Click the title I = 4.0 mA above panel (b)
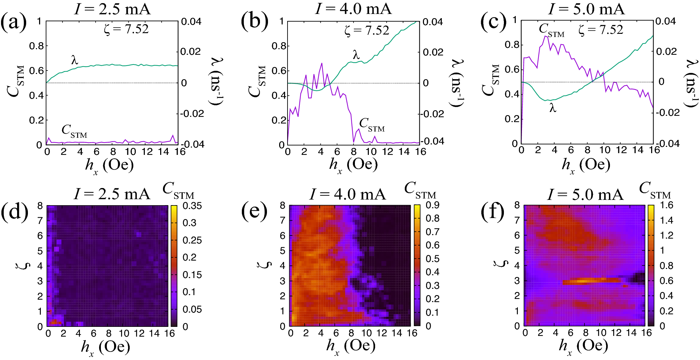353,8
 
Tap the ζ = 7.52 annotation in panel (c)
601,30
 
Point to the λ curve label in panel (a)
74,60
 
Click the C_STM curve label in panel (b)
372,125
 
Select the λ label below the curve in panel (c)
552,108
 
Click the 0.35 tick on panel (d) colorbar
192,206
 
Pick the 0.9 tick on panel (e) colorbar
432,205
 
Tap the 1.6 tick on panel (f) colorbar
666,205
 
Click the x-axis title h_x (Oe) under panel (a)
109,165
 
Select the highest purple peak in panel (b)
321,63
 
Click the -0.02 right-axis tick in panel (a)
192,114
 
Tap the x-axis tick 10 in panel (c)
604,150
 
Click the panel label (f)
492,212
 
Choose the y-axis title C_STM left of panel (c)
490,80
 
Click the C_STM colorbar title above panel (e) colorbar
420,190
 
